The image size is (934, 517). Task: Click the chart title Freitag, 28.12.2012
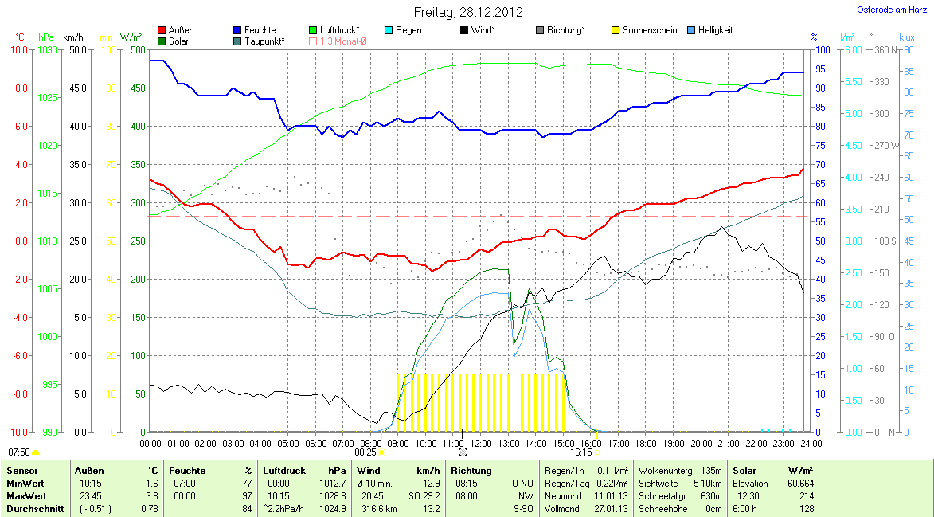point(468,12)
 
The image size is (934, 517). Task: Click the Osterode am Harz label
point(892,10)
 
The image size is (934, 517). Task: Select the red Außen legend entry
point(181,30)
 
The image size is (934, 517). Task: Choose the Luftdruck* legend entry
point(338,30)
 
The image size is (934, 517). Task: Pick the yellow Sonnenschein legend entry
point(649,30)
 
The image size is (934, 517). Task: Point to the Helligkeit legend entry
point(715,30)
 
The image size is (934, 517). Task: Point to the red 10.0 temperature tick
point(18,49)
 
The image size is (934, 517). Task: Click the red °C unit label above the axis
point(20,37)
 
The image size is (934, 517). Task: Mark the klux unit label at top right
point(906,37)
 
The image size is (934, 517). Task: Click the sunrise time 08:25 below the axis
point(365,452)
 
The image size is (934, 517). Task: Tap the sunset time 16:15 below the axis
point(580,452)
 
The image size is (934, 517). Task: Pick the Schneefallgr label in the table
point(657,496)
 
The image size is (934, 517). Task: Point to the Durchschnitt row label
point(34,509)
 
